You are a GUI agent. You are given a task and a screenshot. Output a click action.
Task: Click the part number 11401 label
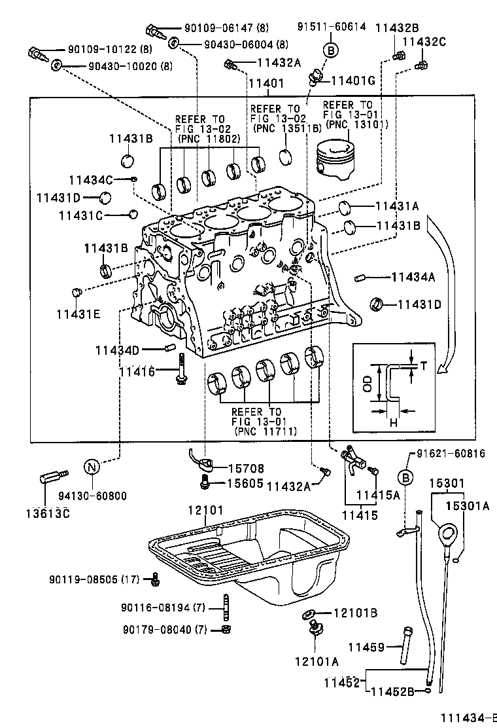[266, 83]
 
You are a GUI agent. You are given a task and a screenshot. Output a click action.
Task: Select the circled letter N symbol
[92, 468]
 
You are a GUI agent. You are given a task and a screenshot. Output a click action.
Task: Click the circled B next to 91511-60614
[331, 50]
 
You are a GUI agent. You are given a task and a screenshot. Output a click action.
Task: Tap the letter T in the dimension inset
[422, 366]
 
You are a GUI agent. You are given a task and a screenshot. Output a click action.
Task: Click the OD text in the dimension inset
[368, 384]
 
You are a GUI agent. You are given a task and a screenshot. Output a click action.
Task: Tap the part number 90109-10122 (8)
[110, 50]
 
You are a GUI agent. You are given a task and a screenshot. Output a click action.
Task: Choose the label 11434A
[413, 278]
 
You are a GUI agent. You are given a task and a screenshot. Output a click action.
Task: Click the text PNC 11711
[265, 431]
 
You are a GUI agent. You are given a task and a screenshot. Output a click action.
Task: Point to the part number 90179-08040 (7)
[164, 629]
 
